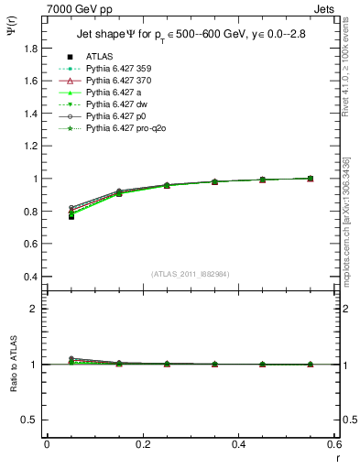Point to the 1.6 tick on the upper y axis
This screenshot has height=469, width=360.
[x=32, y=81]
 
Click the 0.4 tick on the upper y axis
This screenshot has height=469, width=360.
[x=32, y=277]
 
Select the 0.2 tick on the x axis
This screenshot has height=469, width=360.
[x=142, y=444]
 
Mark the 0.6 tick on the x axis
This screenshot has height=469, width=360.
[x=333, y=444]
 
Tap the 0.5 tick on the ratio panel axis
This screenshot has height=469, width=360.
[x=32, y=420]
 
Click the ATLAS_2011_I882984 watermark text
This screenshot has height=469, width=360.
[x=191, y=275]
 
